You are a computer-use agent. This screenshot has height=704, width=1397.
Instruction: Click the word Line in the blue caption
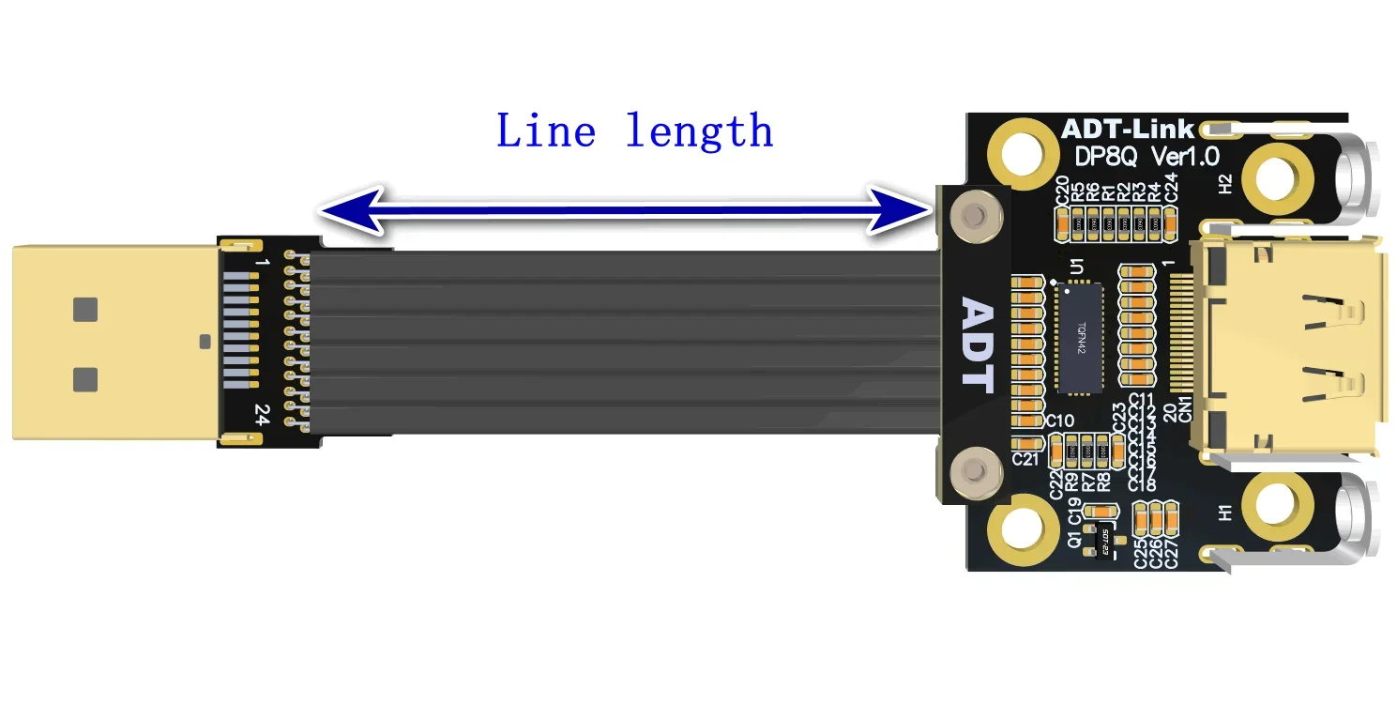pos(545,131)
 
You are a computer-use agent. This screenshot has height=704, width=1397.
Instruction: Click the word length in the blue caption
pos(699,131)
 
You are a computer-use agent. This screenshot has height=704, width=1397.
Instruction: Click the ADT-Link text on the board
pos(1127,129)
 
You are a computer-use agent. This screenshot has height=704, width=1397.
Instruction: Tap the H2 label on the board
pos(1225,186)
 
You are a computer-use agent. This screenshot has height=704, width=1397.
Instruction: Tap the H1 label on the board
pos(1225,513)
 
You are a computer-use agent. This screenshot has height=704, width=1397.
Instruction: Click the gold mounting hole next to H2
pos(1276,177)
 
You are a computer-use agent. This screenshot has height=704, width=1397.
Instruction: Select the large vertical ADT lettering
pos(978,344)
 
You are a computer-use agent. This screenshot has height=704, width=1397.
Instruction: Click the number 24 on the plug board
pos(262,414)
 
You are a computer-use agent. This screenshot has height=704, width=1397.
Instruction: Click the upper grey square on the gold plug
pos(85,310)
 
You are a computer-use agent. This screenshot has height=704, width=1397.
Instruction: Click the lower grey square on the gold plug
pos(85,379)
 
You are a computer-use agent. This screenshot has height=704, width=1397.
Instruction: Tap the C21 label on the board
pos(1026,459)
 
